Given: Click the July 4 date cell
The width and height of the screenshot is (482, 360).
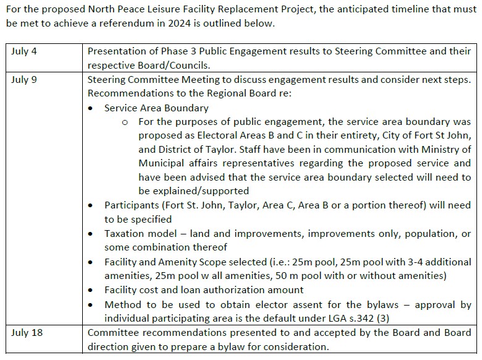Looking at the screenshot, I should [x=24, y=51].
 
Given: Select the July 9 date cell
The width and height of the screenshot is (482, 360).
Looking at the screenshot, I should [x=24, y=80].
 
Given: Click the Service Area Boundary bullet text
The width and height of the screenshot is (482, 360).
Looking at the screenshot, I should [x=156, y=108].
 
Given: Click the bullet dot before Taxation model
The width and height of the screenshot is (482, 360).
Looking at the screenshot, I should [x=91, y=234].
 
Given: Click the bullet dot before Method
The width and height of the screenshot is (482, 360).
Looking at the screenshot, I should [x=91, y=305].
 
